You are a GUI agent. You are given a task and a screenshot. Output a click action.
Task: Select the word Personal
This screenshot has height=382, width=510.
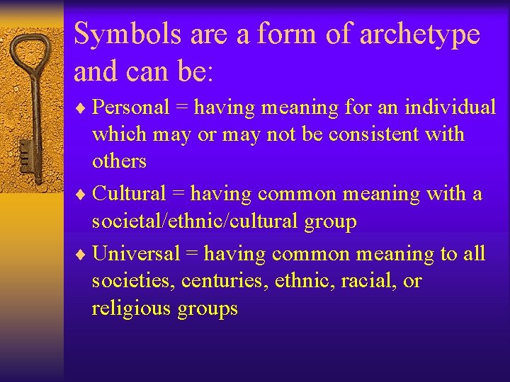(x=131, y=107)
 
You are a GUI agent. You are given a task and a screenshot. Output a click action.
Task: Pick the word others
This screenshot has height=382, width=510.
(x=119, y=161)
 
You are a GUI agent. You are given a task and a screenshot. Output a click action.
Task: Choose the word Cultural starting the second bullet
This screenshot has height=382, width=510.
(x=130, y=193)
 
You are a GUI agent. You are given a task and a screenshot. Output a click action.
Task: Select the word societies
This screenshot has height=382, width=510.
(x=132, y=281)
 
